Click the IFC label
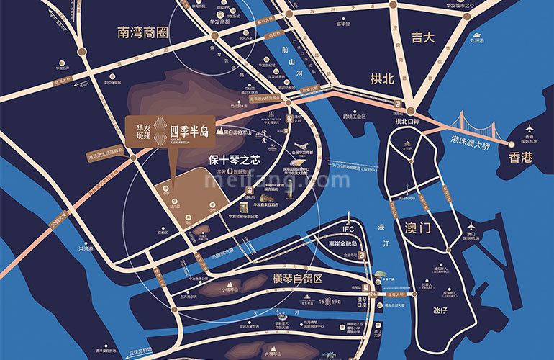(348, 230)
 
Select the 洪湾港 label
(86, 248)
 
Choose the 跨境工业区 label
(355, 116)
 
